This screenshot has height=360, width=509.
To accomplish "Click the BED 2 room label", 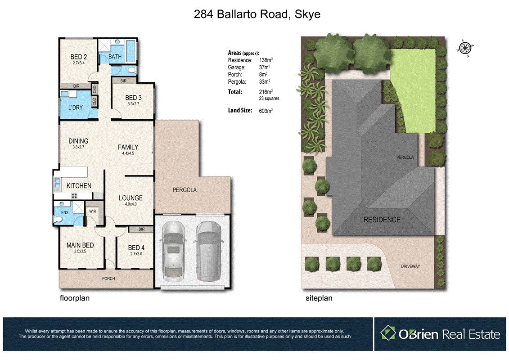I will coord(78,57).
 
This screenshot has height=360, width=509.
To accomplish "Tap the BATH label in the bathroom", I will coord(115,57).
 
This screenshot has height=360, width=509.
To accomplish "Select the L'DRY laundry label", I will coord(75,108).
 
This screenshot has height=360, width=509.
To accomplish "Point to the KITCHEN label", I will coord(79,185).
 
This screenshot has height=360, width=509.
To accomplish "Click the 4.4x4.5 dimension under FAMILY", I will coord(128,153).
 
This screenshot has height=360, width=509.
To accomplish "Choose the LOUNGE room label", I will coord(131,198).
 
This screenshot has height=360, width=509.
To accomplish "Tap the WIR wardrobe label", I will coord(93,211).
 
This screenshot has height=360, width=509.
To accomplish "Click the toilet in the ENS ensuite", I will coord(58,219).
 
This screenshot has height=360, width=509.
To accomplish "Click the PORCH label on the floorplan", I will coord(108,279).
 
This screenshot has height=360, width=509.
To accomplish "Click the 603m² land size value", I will coord(266,110).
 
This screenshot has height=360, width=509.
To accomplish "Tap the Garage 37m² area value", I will coord(265,67).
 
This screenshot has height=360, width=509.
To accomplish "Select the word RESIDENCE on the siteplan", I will coord(382,220).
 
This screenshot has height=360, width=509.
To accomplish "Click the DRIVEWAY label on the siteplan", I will coord(410,266).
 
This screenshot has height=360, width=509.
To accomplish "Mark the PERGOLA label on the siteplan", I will coord(405,157).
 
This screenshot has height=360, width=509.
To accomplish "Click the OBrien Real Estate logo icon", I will coord(388,333).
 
